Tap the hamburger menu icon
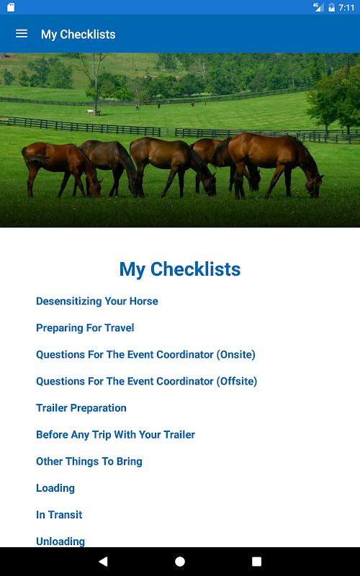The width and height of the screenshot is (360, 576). click(22, 34)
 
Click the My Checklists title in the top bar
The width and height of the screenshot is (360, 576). click(78, 34)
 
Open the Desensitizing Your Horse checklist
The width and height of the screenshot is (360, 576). click(97, 301)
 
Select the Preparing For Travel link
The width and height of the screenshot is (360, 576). click(85, 328)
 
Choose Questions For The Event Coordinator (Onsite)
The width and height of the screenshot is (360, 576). click(145, 354)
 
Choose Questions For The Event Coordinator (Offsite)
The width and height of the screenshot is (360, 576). click(147, 382)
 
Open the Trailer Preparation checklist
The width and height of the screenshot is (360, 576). click(81, 408)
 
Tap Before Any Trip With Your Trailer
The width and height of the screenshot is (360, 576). click(115, 435)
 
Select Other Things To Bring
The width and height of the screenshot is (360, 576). click(89, 462)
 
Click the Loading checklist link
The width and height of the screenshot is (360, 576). click(55, 488)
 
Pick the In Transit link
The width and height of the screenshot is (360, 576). click(59, 515)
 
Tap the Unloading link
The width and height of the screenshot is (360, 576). click(60, 541)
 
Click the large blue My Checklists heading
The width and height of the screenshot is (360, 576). click(179, 269)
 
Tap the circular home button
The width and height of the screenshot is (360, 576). click(180, 562)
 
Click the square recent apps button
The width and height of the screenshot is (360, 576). click(256, 562)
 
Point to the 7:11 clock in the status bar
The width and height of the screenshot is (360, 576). click(346, 7)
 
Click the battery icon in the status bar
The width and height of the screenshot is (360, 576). click(331, 7)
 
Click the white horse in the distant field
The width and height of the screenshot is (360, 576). click(91, 112)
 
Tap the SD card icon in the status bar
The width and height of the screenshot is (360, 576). click(11, 7)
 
